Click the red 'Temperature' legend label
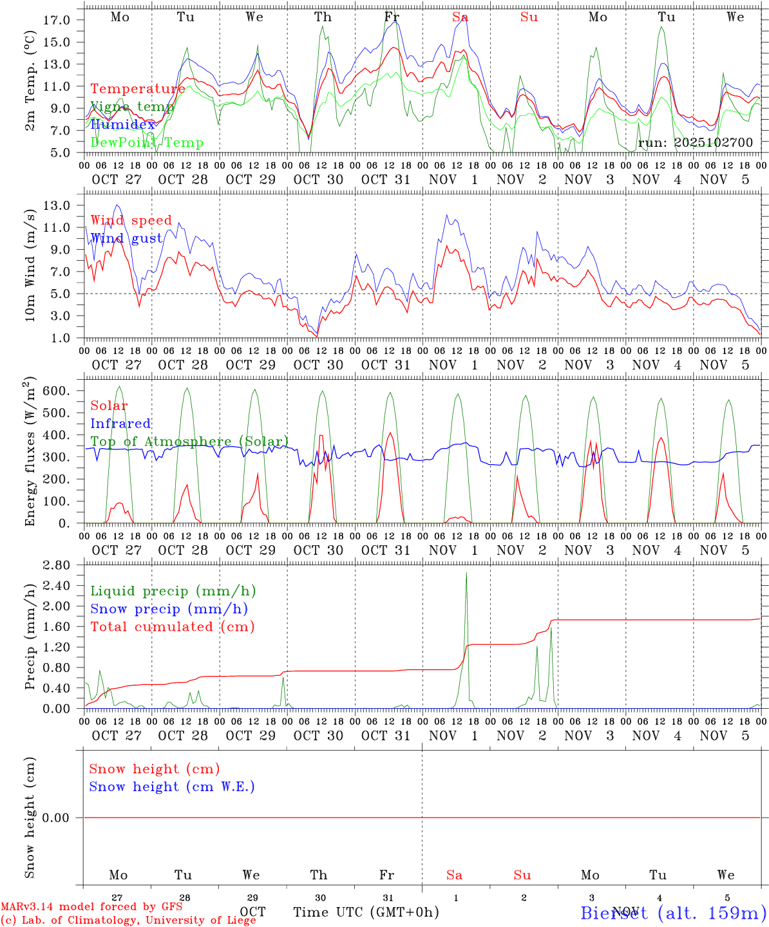[x=138, y=89]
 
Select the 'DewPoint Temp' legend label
[x=147, y=142]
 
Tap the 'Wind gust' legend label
[x=126, y=238]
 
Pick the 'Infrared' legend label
[x=120, y=424]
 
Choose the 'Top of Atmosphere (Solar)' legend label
[x=189, y=442]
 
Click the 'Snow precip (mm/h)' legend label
[x=169, y=609]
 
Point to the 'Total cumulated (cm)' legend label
[x=172, y=626]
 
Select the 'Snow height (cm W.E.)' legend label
[x=172, y=787]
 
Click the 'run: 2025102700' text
[x=696, y=142]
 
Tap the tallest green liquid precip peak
[x=466, y=573]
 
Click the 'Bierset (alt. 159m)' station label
[x=673, y=912]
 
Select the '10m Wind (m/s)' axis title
[x=31, y=262]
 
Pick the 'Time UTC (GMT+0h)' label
[x=366, y=912]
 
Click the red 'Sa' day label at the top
[x=460, y=17]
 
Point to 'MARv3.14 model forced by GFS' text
[x=91, y=906]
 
